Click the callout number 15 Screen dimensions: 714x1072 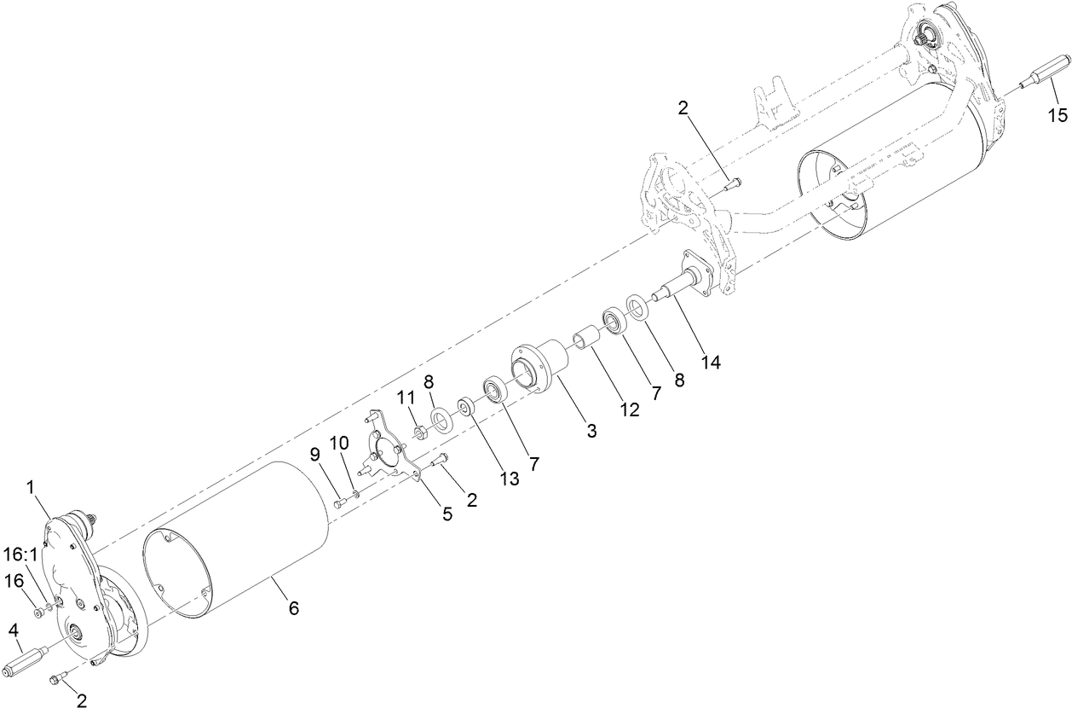click(1057, 114)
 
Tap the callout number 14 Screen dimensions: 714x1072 click(711, 362)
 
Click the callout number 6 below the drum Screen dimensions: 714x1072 click(293, 608)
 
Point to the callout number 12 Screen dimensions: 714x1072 click(629, 409)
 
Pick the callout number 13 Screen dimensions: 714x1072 click(510, 479)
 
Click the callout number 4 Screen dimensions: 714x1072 click(14, 630)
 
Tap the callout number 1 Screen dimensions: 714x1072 click(32, 487)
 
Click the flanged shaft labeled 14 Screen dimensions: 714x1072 click(686, 282)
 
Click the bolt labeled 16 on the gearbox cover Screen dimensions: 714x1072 click(39, 612)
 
